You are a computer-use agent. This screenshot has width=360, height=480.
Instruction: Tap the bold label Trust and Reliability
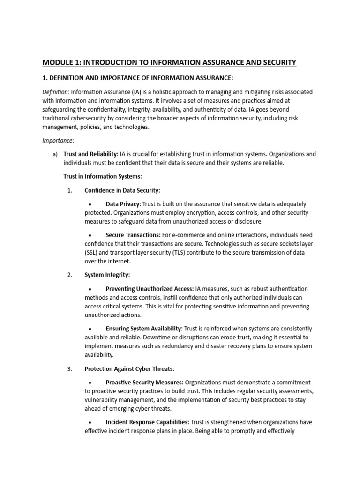91,154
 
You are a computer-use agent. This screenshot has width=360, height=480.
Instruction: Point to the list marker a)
55,154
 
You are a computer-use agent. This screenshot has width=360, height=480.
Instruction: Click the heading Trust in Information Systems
102,176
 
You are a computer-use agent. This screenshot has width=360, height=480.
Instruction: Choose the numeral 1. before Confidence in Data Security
70,190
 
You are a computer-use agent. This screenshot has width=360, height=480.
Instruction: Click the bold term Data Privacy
123,204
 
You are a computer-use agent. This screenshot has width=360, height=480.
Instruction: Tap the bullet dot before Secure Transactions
90,235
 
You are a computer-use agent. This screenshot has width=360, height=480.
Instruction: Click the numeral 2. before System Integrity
70,275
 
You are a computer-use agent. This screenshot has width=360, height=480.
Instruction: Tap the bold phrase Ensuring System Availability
144,329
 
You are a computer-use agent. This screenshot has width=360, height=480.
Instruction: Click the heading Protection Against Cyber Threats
129,368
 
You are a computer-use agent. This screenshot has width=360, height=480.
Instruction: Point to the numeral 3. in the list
70,368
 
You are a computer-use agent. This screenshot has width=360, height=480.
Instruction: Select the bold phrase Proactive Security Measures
144,382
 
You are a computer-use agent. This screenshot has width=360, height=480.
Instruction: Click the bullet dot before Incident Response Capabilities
90,422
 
